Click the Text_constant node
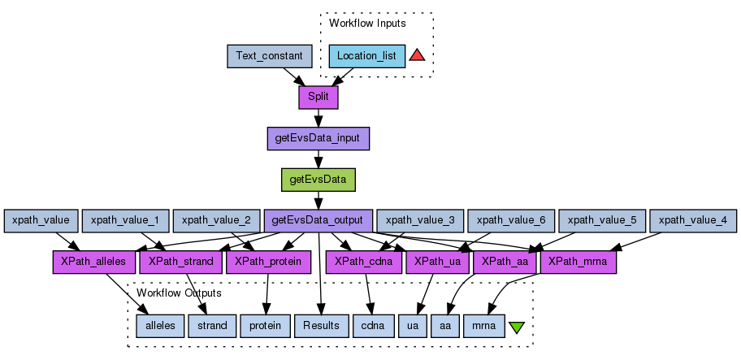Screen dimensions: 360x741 click(269, 56)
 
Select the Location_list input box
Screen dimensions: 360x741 click(366, 56)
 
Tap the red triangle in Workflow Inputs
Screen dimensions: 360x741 click(417, 55)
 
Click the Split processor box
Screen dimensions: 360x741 click(318, 98)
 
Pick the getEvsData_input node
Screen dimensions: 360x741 click(318, 139)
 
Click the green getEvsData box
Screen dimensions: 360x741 click(318, 180)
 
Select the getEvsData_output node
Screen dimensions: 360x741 click(318, 220)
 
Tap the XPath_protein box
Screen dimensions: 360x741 click(268, 262)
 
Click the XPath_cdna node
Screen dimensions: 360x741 click(364, 262)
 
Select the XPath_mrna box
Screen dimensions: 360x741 click(578, 262)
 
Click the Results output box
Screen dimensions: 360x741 click(321, 326)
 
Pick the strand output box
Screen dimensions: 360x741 click(212, 326)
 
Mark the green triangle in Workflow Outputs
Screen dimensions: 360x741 click(516, 327)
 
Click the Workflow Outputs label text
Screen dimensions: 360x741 click(179, 293)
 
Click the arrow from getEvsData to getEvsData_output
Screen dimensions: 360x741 click(318, 200)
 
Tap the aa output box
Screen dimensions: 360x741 click(444, 326)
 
